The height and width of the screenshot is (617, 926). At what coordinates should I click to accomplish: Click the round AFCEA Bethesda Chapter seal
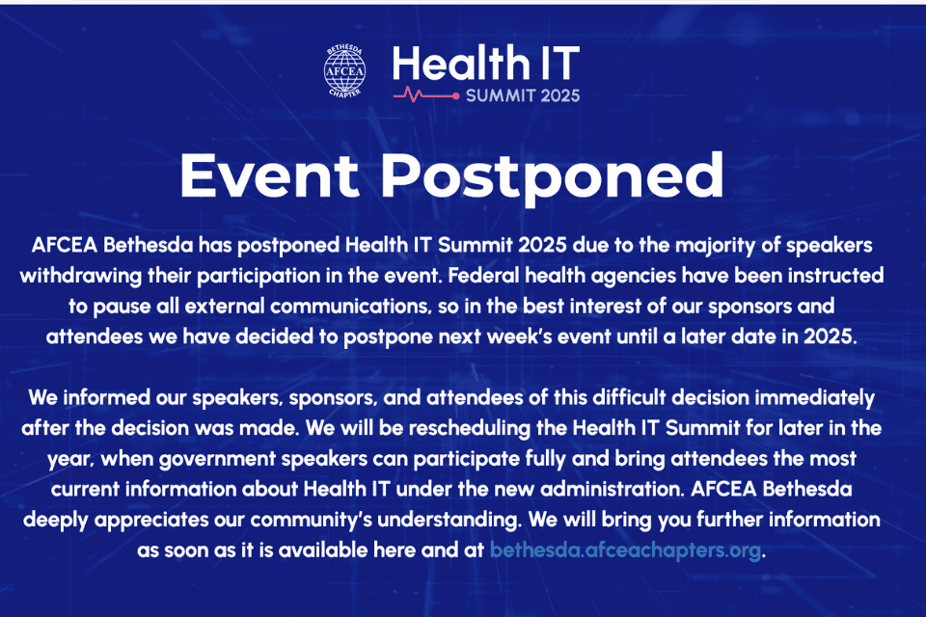(x=344, y=71)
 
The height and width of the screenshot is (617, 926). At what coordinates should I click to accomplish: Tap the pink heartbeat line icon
(x=424, y=94)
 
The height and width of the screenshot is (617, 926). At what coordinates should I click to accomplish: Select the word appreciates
(x=160, y=521)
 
